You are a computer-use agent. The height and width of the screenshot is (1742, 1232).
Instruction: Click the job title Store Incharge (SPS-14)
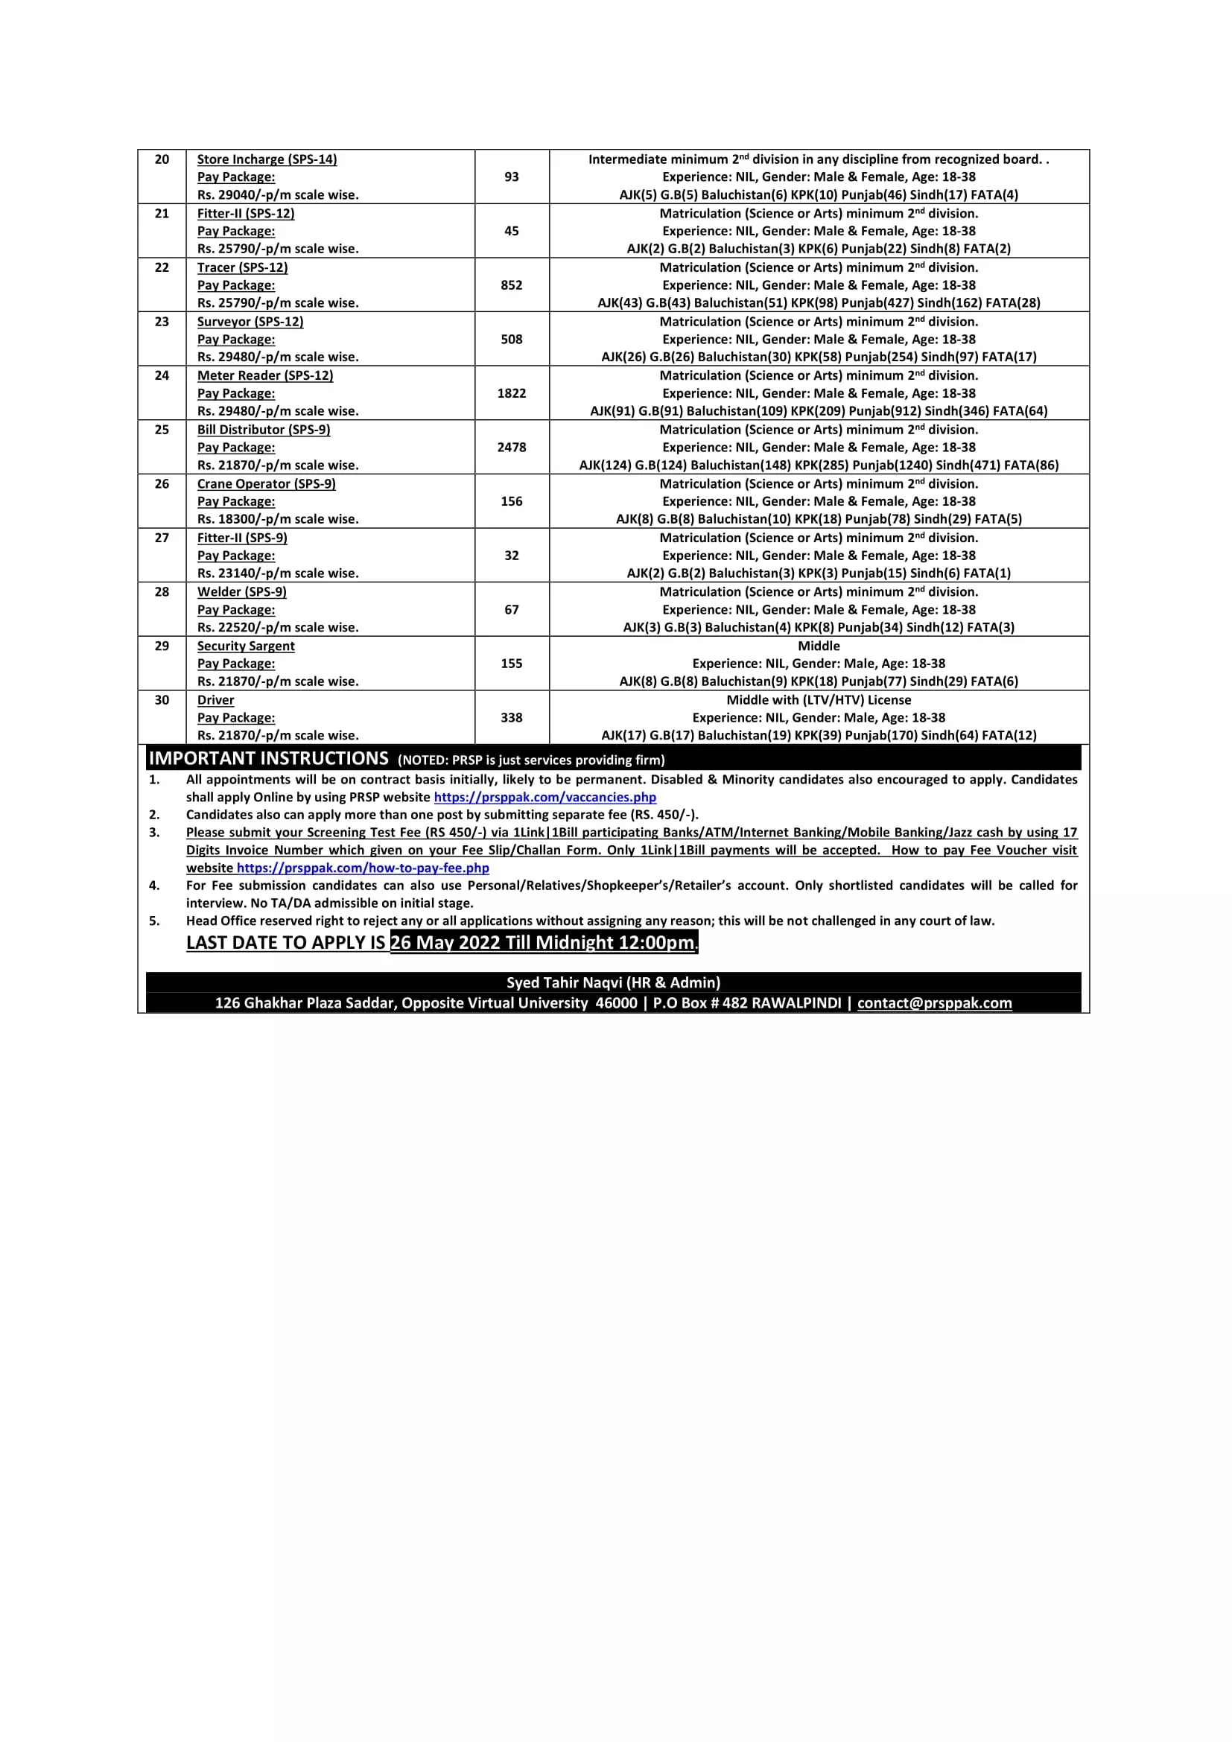coord(267,159)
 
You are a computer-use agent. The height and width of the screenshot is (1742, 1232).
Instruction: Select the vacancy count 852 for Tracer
coord(511,285)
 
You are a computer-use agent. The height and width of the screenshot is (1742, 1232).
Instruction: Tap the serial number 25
coord(162,430)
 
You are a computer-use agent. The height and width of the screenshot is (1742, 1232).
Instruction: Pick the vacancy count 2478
coord(511,448)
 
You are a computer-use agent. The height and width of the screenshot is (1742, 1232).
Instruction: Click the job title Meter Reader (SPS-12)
coord(264,375)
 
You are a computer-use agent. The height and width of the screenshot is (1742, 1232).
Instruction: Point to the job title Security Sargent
coord(246,646)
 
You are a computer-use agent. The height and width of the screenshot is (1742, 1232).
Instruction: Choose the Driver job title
coord(215,699)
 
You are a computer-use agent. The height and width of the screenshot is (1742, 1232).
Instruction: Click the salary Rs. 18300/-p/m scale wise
coord(278,519)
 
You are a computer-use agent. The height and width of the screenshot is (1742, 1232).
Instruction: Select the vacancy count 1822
coord(511,393)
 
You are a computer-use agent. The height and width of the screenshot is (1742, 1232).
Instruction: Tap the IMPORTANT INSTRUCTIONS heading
coord(269,759)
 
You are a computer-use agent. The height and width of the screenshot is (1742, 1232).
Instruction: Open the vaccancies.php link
coord(544,798)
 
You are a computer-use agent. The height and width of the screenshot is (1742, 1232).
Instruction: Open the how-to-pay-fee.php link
coord(363,868)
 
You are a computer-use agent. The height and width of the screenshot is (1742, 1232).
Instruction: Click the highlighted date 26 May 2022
coord(445,942)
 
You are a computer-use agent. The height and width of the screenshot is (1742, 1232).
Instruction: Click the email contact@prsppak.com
coord(934,1003)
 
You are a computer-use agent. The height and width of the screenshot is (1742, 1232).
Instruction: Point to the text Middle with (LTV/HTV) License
coord(819,699)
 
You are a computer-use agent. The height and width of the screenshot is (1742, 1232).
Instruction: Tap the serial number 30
coord(162,699)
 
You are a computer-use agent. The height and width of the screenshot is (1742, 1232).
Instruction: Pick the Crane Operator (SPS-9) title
coord(266,484)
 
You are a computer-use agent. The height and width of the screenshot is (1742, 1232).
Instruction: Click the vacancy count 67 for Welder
coord(511,609)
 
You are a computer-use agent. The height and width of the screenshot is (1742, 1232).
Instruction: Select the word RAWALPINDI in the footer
coord(796,1003)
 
